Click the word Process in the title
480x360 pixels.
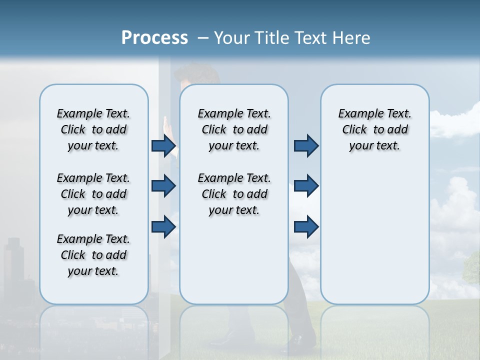[x=154, y=37]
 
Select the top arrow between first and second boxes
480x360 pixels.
[x=163, y=145]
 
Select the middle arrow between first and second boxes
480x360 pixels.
[x=163, y=186]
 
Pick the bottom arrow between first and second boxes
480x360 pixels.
[x=163, y=227]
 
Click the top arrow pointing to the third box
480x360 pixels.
[x=306, y=145]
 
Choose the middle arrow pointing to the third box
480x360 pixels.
[x=306, y=186]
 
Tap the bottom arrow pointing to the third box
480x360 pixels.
[x=306, y=227]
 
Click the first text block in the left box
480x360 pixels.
[x=93, y=129]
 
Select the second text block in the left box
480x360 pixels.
[x=93, y=194]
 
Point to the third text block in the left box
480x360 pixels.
[x=93, y=255]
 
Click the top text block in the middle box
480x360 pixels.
[x=234, y=129]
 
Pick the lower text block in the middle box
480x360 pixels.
[x=234, y=194]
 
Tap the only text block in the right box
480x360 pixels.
[x=374, y=129]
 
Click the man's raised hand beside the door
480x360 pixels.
[x=167, y=127]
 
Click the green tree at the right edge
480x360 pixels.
[x=472, y=267]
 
